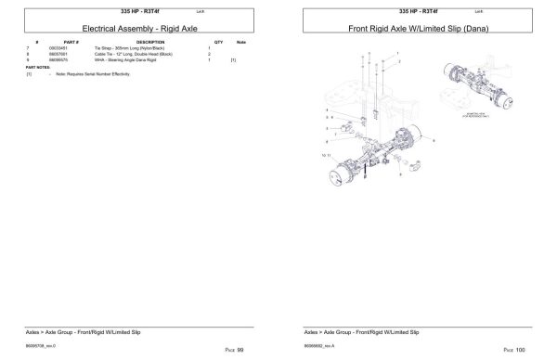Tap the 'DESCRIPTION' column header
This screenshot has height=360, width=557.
pyautogui.click(x=150, y=43)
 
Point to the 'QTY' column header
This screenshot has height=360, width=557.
pyautogui.click(x=218, y=43)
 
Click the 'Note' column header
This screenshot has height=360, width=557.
pyautogui.click(x=241, y=43)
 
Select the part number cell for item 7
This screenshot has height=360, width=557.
pyautogui.click(x=71, y=48)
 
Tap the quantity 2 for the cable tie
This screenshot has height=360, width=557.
pyautogui.click(x=210, y=54)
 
